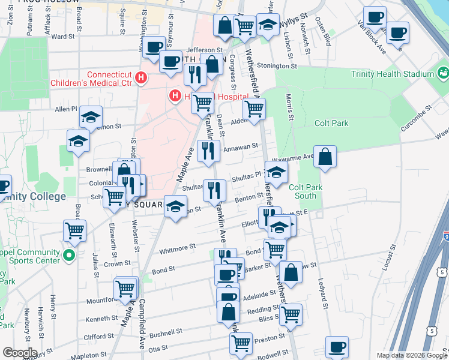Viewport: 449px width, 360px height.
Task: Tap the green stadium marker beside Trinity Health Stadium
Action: [443, 74]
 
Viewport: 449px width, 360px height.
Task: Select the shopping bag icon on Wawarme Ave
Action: [325, 157]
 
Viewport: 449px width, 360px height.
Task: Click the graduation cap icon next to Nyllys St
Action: [268, 25]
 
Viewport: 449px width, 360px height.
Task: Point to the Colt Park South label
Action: [310, 191]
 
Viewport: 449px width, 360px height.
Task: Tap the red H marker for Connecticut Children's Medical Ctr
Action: [141, 78]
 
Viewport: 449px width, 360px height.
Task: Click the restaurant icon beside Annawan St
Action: [208, 151]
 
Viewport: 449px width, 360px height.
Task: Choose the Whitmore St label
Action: [176, 246]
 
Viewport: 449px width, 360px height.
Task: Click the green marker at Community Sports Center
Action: [69, 256]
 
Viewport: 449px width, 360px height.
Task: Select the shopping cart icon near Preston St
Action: [241, 344]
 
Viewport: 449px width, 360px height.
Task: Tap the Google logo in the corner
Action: [19, 353]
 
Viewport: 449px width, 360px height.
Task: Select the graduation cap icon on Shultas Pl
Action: [276, 172]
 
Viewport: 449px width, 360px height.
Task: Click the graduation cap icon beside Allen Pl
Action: [91, 116]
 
